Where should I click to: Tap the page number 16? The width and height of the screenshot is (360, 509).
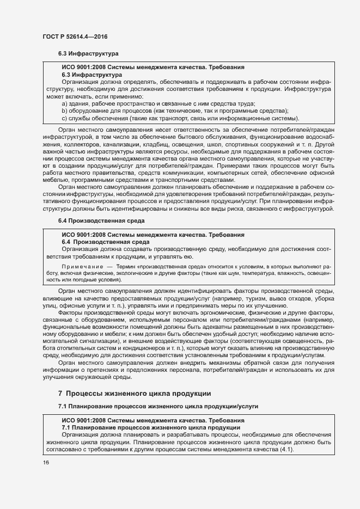point(46,462)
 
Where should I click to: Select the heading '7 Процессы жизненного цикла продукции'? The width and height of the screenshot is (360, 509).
point(134,393)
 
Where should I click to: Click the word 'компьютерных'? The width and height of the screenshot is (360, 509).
point(230,173)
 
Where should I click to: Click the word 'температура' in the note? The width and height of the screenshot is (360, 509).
point(257,273)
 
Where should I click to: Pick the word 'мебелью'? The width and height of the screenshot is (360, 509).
point(56,180)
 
